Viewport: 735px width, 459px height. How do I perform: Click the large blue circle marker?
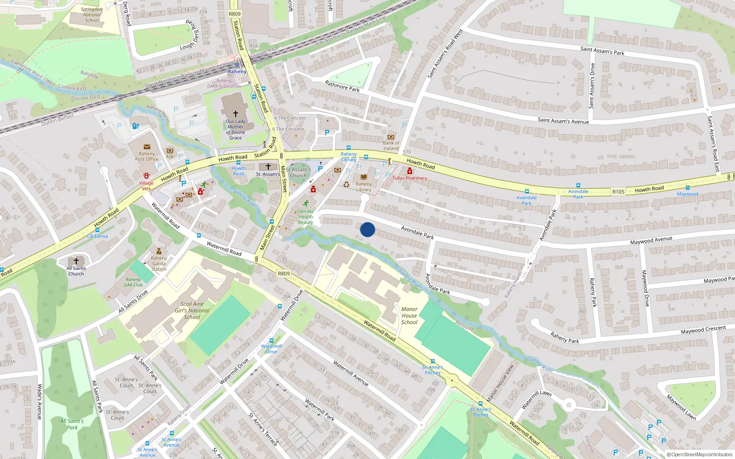367,229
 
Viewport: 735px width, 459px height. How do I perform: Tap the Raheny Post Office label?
147,157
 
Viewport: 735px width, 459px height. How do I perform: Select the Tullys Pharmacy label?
410,178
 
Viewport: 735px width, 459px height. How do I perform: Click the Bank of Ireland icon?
391,137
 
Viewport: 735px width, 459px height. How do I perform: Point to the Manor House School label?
409,316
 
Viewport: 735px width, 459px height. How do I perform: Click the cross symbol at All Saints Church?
76,261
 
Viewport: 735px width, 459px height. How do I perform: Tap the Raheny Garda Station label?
159,263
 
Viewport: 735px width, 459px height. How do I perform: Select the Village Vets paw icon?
147,175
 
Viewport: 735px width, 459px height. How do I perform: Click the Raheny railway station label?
237,72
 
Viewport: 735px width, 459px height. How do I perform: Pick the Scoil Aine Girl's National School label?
192,310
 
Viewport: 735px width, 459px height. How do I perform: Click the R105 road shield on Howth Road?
618,192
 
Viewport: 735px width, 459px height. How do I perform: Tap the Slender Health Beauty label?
305,217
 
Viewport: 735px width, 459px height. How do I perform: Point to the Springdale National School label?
92,15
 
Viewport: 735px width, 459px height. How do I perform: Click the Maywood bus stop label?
687,194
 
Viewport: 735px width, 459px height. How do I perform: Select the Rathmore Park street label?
342,86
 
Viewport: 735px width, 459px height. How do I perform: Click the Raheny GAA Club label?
133,282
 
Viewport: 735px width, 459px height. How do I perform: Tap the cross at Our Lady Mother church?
236,113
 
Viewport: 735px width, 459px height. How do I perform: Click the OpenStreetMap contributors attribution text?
700,455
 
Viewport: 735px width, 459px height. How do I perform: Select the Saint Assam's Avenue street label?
563,121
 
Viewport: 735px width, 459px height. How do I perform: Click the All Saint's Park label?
72,424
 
